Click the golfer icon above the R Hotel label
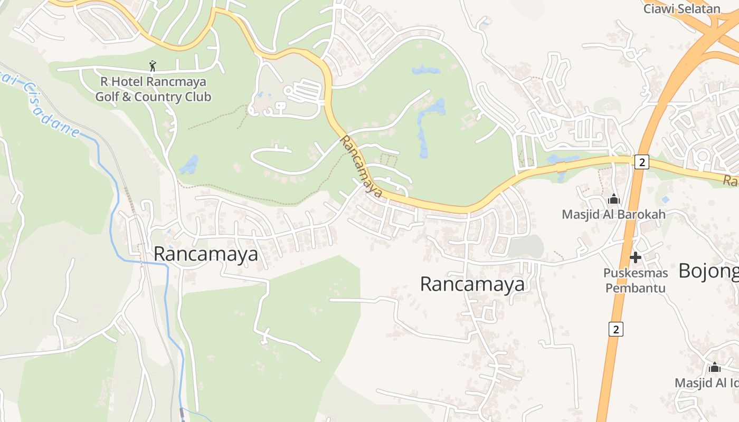pyautogui.click(x=153, y=66)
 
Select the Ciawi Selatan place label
pyautogui.click(x=681, y=8)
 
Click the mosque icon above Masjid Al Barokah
pyautogui.click(x=613, y=199)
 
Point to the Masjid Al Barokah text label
pyautogui.click(x=613, y=214)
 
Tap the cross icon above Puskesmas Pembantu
pyautogui.click(x=636, y=257)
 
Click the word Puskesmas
pyautogui.click(x=636, y=273)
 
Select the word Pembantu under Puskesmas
pyautogui.click(x=636, y=288)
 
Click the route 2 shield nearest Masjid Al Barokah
pyautogui.click(x=641, y=162)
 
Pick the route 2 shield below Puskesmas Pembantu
pyautogui.click(x=615, y=329)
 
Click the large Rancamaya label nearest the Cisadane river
pyautogui.click(x=206, y=254)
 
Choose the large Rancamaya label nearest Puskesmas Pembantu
pyautogui.click(x=472, y=284)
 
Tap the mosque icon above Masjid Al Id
pyautogui.click(x=715, y=367)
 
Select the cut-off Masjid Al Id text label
pyautogui.click(x=707, y=382)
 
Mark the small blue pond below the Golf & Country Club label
pyautogui.click(x=188, y=166)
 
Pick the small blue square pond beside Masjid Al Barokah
pyautogui.click(x=665, y=199)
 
